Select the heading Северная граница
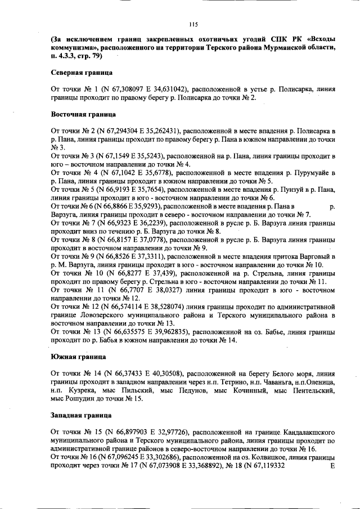coord(81,73)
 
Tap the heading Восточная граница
coord(82,114)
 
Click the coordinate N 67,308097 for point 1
coord(115,89)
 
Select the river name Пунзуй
coord(298,191)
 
